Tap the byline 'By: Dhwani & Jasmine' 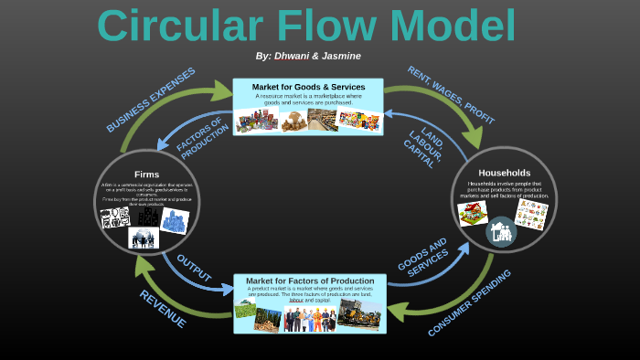coord(308,56)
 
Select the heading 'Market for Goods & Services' coord(308,87)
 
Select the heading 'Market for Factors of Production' coord(310,281)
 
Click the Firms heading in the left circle coord(146,174)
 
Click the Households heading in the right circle coord(504,172)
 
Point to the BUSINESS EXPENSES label coord(152,100)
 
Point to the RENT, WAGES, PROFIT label coord(451,94)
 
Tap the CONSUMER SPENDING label coord(469,302)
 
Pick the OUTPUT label coord(194,269)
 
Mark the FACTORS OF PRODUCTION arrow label coord(202,137)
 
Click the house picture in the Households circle coord(473,214)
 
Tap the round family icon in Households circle coord(501,232)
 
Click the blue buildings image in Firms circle coord(174,220)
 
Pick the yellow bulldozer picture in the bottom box coord(359,314)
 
